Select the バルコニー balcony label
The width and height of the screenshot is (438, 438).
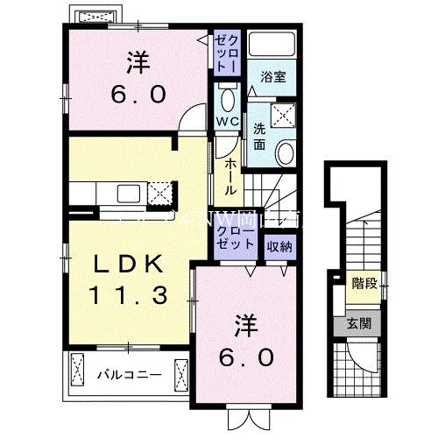click(x=128, y=375)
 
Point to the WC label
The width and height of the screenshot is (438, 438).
click(x=226, y=120)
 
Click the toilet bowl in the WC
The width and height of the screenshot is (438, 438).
click(x=227, y=96)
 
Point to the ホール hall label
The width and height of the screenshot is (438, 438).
click(x=230, y=176)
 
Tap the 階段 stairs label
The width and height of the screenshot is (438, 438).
click(x=361, y=282)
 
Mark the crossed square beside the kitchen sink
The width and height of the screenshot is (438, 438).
click(x=159, y=192)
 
